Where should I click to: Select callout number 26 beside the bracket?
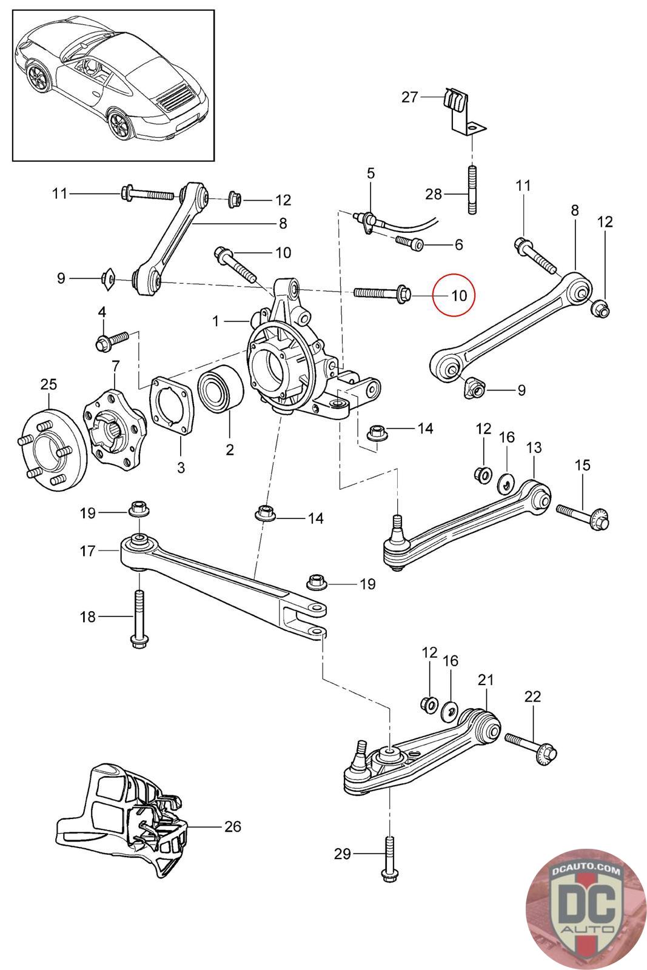233,826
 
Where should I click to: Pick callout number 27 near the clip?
410,97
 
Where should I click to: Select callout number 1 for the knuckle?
216,321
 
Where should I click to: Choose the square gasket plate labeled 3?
172,405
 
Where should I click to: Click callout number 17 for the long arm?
87,551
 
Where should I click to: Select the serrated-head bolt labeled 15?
583,515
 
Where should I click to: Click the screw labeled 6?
410,243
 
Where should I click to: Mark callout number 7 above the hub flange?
116,366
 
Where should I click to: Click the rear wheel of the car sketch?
119,125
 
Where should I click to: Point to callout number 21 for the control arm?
486,680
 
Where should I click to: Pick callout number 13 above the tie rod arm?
534,447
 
